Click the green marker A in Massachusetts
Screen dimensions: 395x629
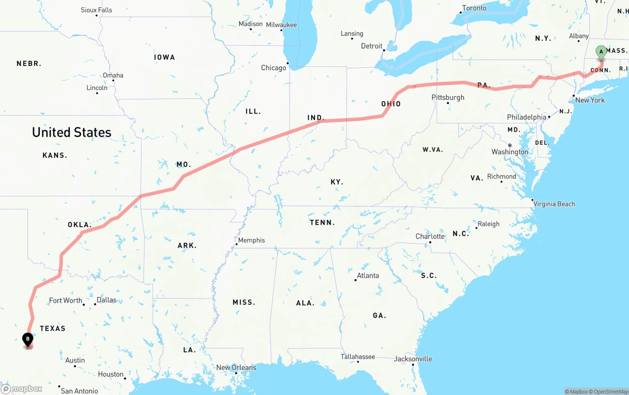tap(601, 52)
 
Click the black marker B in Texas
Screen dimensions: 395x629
tap(28, 339)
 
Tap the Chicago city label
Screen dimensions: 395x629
tap(273, 68)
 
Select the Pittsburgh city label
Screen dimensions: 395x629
tap(448, 97)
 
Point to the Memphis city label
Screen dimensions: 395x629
tap(251, 241)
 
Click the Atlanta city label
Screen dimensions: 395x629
tap(368, 275)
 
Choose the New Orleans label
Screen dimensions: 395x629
tap(236, 367)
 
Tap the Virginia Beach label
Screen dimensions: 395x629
tap(554, 204)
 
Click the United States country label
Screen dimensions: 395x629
tap(72, 132)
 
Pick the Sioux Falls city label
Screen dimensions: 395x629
tap(96, 10)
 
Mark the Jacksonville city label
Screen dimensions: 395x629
tap(413, 359)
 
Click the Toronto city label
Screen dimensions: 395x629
tap(474, 8)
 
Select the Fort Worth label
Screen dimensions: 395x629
tap(65, 301)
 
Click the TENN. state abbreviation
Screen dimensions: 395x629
tap(322, 223)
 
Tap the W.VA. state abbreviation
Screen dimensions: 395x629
tap(432, 150)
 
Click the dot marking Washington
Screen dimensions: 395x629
tap(510, 145)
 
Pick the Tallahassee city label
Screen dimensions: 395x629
tap(357, 357)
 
